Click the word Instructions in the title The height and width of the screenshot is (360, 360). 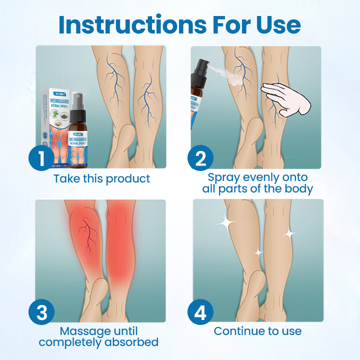point(127,24)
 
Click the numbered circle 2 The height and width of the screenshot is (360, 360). point(200,158)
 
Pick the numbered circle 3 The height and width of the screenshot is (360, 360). point(41,312)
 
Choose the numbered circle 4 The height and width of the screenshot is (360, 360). point(200,312)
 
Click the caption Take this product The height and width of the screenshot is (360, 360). point(101,178)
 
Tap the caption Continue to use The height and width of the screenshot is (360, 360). point(257,331)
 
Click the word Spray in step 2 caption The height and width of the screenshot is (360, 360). point(224,177)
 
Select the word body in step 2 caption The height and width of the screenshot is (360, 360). point(298,189)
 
